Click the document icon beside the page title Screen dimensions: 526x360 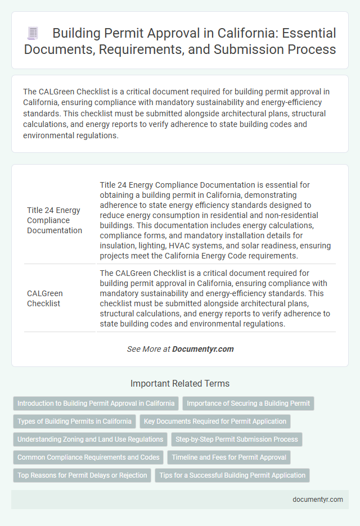point(32,34)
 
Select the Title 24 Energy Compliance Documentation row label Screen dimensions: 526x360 point(54,220)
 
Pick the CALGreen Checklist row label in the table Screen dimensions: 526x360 point(45,298)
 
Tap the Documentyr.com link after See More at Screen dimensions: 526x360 point(202,349)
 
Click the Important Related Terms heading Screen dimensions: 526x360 point(180,384)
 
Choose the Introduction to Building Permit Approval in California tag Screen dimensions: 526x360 point(96,403)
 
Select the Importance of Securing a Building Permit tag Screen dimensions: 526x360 point(248,403)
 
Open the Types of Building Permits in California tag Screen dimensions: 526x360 point(74,421)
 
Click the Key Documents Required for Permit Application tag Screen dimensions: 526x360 point(215,421)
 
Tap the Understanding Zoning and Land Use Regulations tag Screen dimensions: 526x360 point(90,439)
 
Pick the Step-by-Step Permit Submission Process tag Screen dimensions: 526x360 point(237,439)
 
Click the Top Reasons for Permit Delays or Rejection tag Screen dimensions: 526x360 point(82,475)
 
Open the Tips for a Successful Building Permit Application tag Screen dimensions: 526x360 point(232,475)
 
